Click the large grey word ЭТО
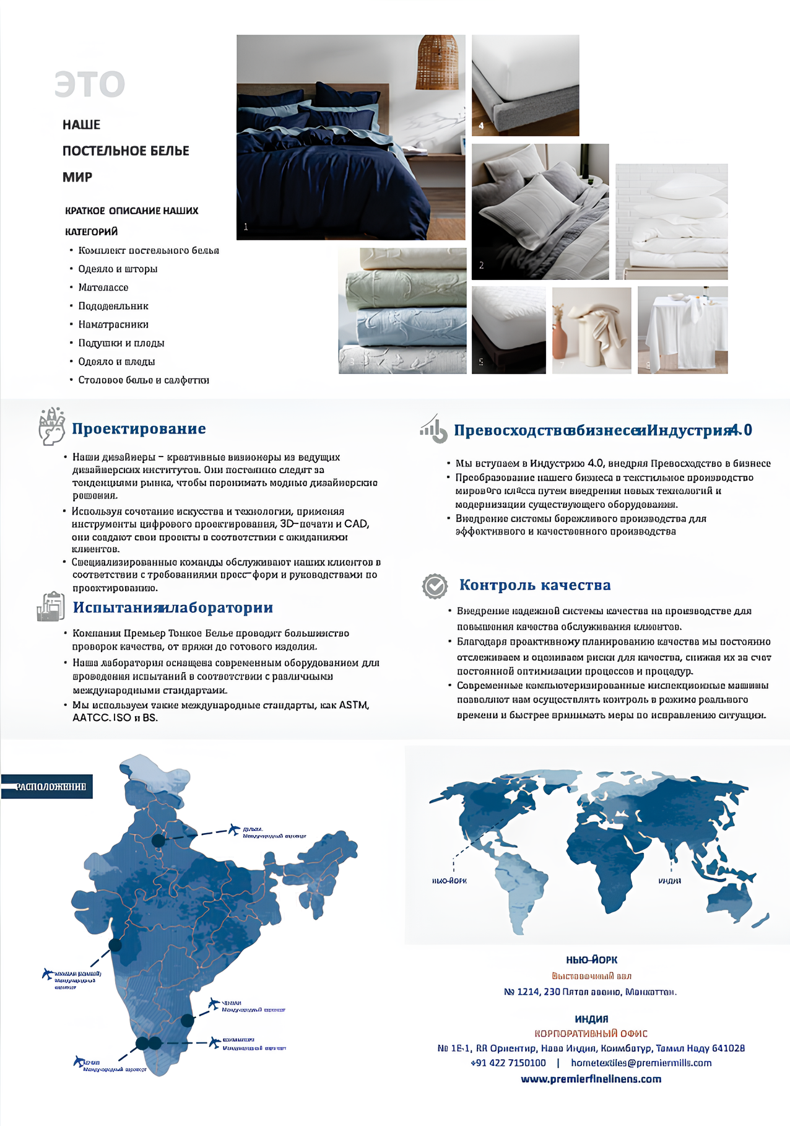[x=90, y=84]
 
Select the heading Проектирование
[x=139, y=429]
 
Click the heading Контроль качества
[x=535, y=585]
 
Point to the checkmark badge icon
[x=435, y=586]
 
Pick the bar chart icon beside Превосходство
[x=433, y=429]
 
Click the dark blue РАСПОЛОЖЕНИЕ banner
[x=47, y=787]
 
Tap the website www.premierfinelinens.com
[x=591, y=1079]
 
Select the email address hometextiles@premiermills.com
[x=641, y=1063]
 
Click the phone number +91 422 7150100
[x=508, y=1063]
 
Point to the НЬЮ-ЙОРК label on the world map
[x=449, y=881]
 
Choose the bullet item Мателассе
[x=103, y=287]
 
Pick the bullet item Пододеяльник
[x=113, y=306]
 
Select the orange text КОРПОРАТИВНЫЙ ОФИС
[x=591, y=1033]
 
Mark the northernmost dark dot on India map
[x=158, y=840]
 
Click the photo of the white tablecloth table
[x=682, y=330]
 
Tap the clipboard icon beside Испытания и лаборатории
[x=51, y=607]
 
